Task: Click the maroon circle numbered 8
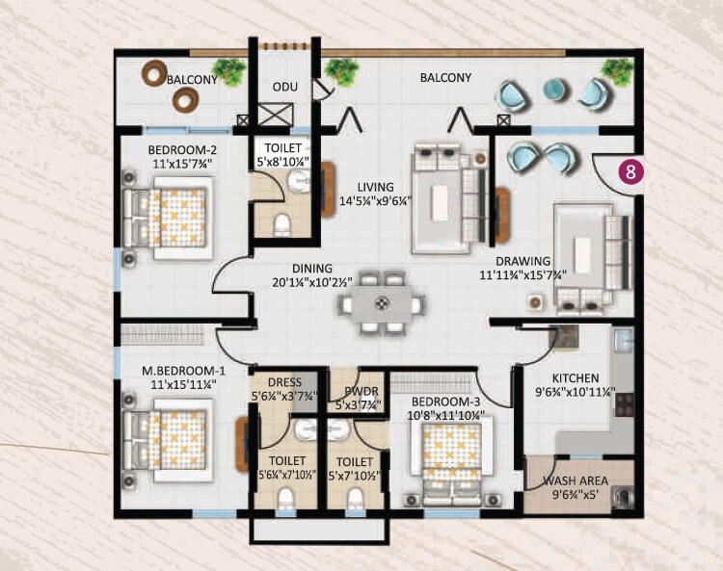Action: click(630, 172)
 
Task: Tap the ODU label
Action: click(283, 87)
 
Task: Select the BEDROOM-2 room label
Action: click(181, 150)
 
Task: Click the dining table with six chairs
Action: click(382, 303)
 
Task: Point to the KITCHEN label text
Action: click(576, 378)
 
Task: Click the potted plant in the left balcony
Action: click(229, 69)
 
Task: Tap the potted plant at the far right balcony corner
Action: click(616, 68)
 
